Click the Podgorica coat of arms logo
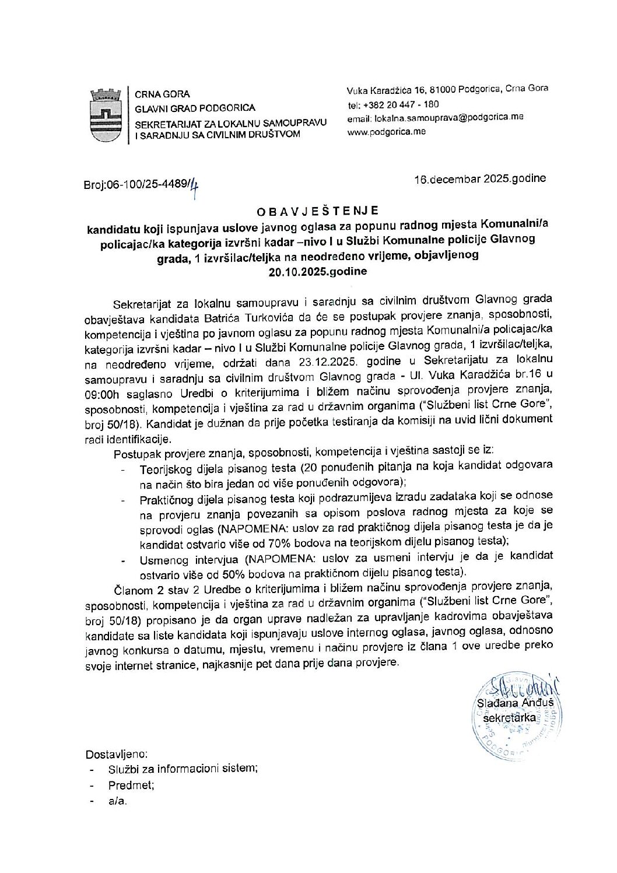(x=107, y=115)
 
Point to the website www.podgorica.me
(x=386, y=131)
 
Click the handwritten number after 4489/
(x=194, y=187)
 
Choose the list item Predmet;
(x=131, y=785)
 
